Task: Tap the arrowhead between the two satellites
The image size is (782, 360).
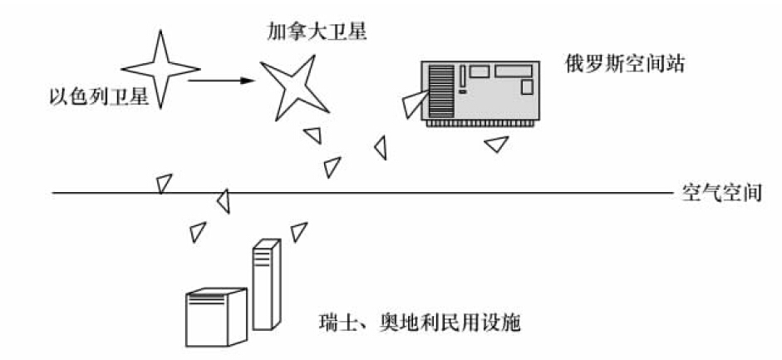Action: pyautogui.click(x=243, y=81)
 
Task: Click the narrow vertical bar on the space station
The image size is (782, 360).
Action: pyautogui.click(x=462, y=76)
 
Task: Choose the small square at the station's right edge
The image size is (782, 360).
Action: pyautogui.click(x=525, y=86)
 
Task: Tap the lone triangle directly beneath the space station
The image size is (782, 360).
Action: pyautogui.click(x=496, y=145)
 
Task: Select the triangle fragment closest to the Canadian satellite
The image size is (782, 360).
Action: pyautogui.click(x=312, y=134)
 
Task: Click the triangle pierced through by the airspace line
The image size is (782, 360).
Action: pyautogui.click(x=222, y=199)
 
